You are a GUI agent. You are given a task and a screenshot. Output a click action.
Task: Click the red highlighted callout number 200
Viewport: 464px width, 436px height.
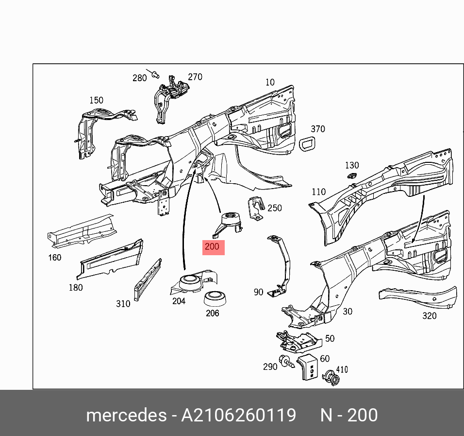[213, 247]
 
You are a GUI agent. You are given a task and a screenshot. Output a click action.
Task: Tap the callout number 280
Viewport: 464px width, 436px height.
[139, 78]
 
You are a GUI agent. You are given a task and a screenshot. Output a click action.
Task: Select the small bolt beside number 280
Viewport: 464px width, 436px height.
[155, 74]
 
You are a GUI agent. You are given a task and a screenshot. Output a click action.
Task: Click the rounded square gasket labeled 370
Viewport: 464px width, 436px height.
[307, 144]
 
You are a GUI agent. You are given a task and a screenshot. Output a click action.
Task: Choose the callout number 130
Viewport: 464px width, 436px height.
[352, 166]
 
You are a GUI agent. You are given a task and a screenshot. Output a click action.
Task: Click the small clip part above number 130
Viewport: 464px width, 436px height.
[351, 176]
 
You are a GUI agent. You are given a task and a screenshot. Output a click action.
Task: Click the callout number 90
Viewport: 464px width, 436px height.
[258, 292]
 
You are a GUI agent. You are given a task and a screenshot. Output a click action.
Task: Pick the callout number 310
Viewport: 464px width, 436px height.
[123, 304]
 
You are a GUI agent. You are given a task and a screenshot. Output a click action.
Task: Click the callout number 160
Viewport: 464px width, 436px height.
[54, 257]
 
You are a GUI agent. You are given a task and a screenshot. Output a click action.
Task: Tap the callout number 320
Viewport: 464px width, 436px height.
[429, 315]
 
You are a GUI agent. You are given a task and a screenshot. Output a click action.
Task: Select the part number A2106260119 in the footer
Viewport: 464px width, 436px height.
[238, 416]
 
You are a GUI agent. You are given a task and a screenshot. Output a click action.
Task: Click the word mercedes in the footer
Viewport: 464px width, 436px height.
[126, 416]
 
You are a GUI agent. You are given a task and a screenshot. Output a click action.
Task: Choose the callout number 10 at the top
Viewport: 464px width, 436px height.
[270, 82]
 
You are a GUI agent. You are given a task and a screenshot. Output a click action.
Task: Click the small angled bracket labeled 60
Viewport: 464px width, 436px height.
[306, 367]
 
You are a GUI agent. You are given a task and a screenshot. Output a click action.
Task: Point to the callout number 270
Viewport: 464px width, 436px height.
[195, 77]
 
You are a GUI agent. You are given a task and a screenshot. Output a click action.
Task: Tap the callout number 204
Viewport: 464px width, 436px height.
[179, 301]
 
